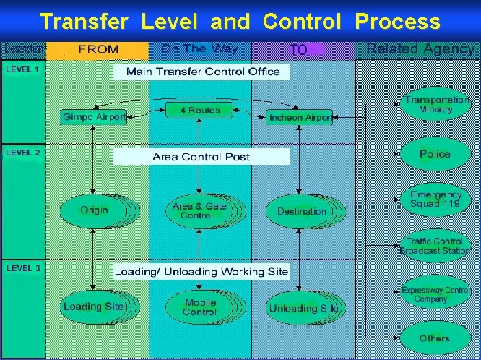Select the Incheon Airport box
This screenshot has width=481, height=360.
[300, 117]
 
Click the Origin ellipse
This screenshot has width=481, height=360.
[95, 210]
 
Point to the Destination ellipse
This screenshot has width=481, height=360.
[302, 211]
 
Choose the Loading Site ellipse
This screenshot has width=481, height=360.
[93, 307]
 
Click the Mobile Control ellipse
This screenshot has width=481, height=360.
[199, 307]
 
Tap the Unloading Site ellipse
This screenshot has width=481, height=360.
[303, 308]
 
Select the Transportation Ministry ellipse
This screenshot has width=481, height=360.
[435, 105]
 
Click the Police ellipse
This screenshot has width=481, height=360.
[435, 154]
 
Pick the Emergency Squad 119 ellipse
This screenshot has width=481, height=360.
[435, 199]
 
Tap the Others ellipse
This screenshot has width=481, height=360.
[435, 338]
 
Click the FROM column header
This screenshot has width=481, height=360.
[99, 50]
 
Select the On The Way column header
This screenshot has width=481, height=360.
[199, 49]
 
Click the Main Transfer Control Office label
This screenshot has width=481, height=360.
[202, 72]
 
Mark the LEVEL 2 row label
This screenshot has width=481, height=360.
[24, 153]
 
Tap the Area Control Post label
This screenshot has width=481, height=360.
[201, 156]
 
